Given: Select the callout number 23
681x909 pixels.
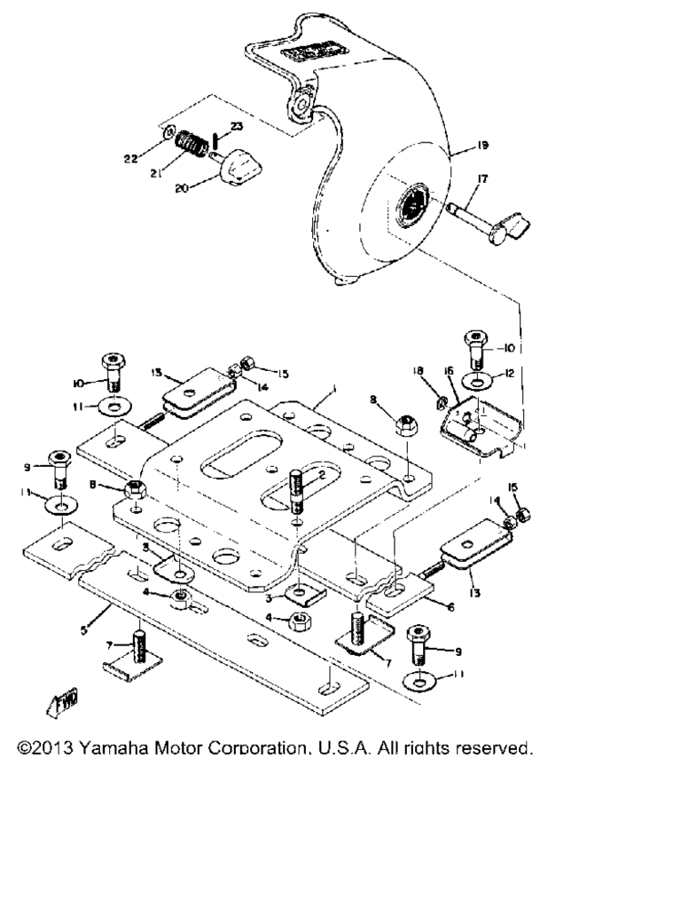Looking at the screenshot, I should coord(237,127).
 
